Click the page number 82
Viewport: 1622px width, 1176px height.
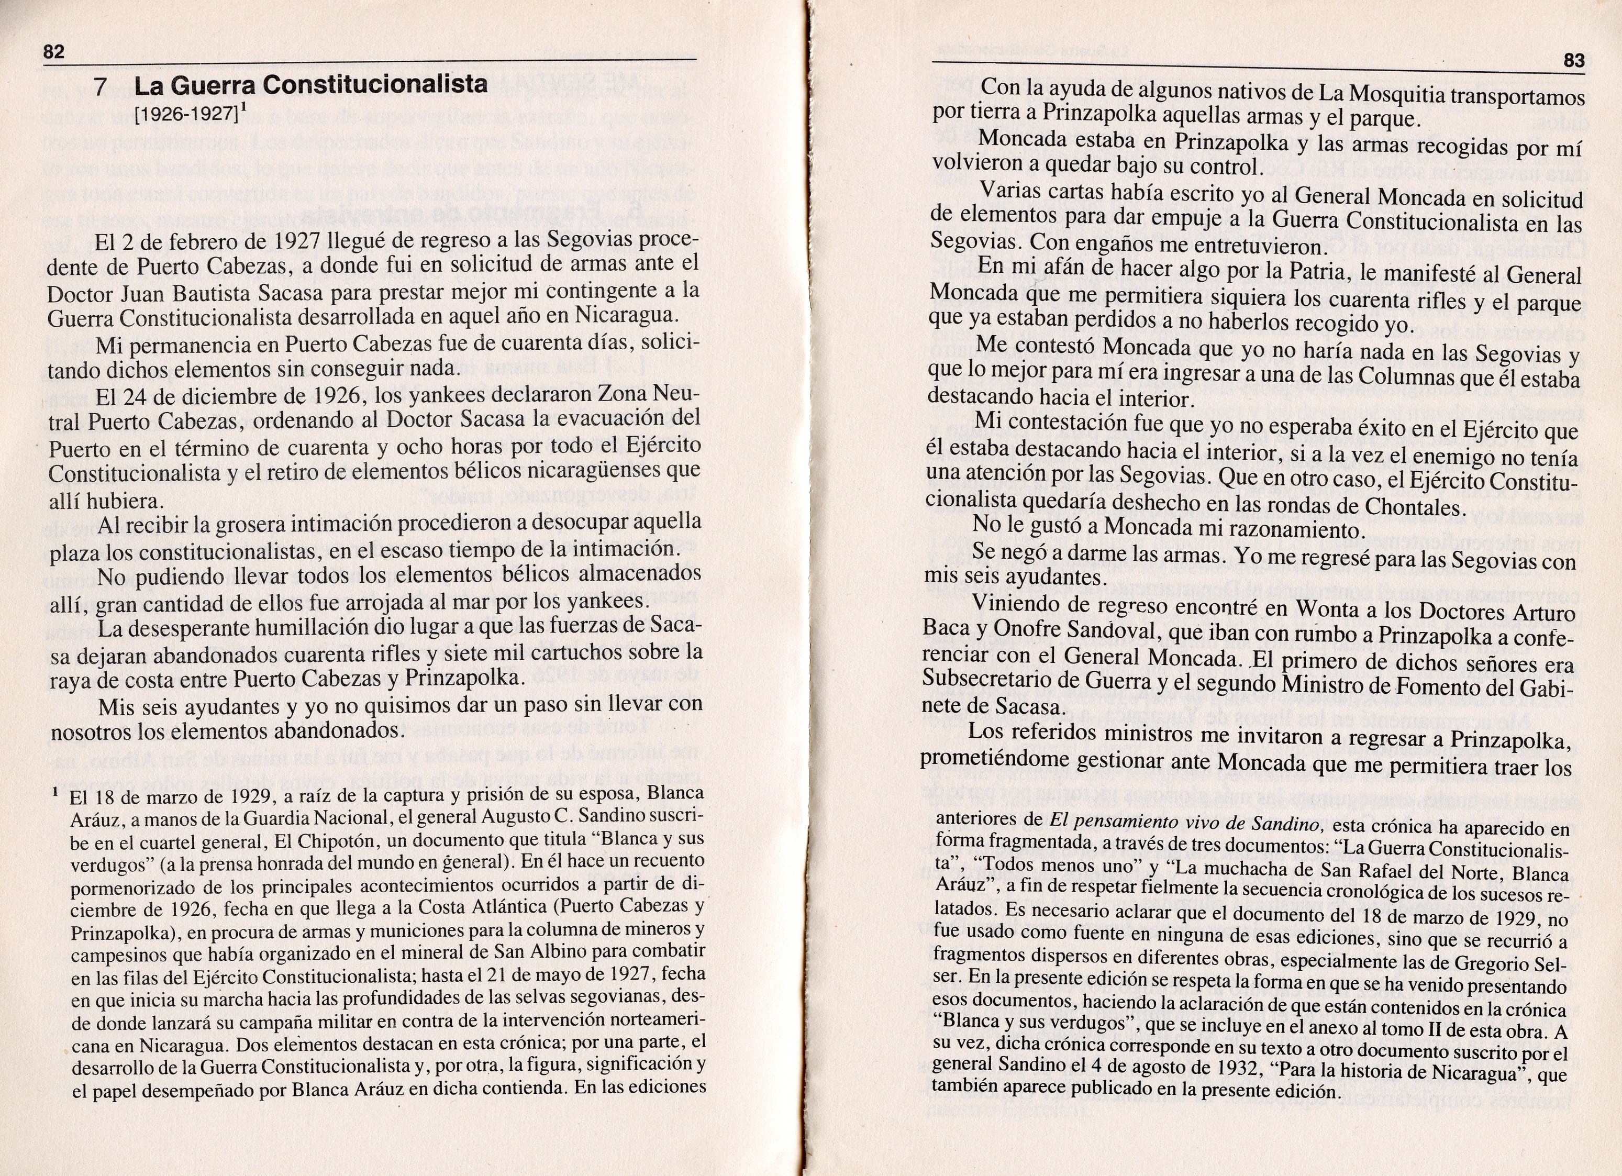(x=53, y=51)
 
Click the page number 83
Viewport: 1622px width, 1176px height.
(x=1574, y=61)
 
